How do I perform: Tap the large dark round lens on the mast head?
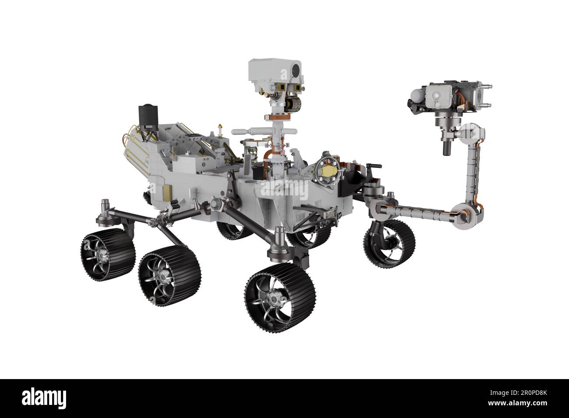[296, 69]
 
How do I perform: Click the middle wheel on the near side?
[169, 274]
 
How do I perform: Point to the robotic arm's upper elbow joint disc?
[473, 132]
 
